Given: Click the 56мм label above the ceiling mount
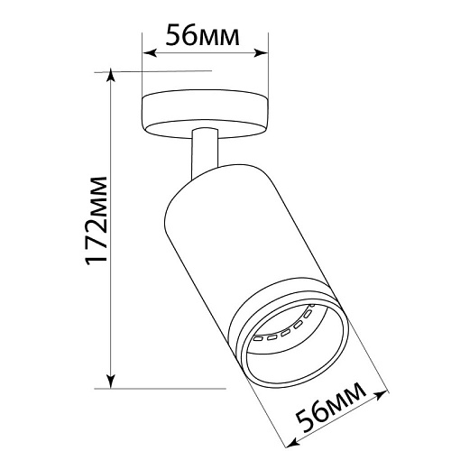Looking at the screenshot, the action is (203, 35).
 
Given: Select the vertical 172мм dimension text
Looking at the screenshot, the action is (97, 221).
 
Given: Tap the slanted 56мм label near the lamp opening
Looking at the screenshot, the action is (331, 408).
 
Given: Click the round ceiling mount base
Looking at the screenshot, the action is (205, 115).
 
